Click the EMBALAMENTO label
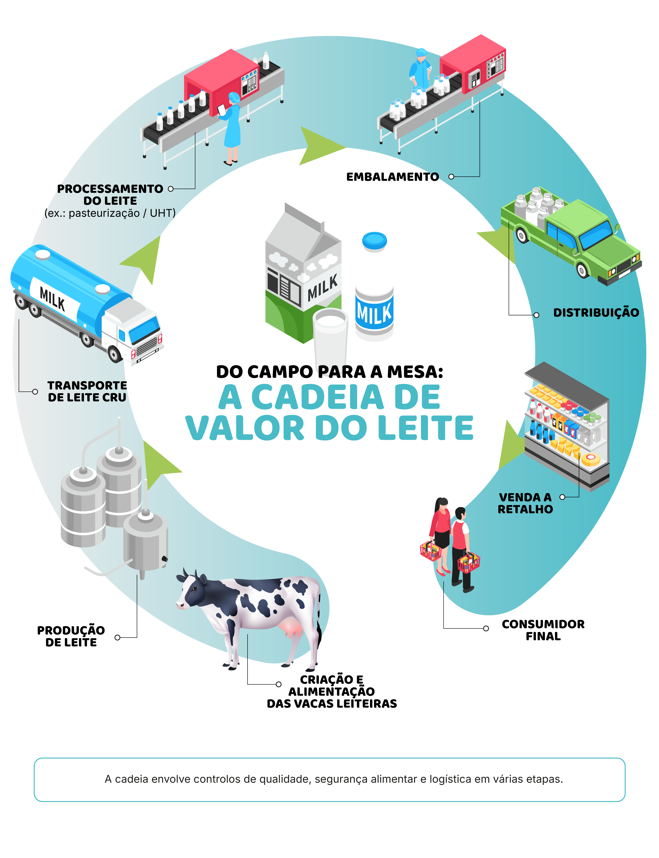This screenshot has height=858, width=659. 392,177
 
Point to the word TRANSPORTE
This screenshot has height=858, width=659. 87,385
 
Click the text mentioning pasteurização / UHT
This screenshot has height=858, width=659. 110,213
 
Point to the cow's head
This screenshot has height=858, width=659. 192,592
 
